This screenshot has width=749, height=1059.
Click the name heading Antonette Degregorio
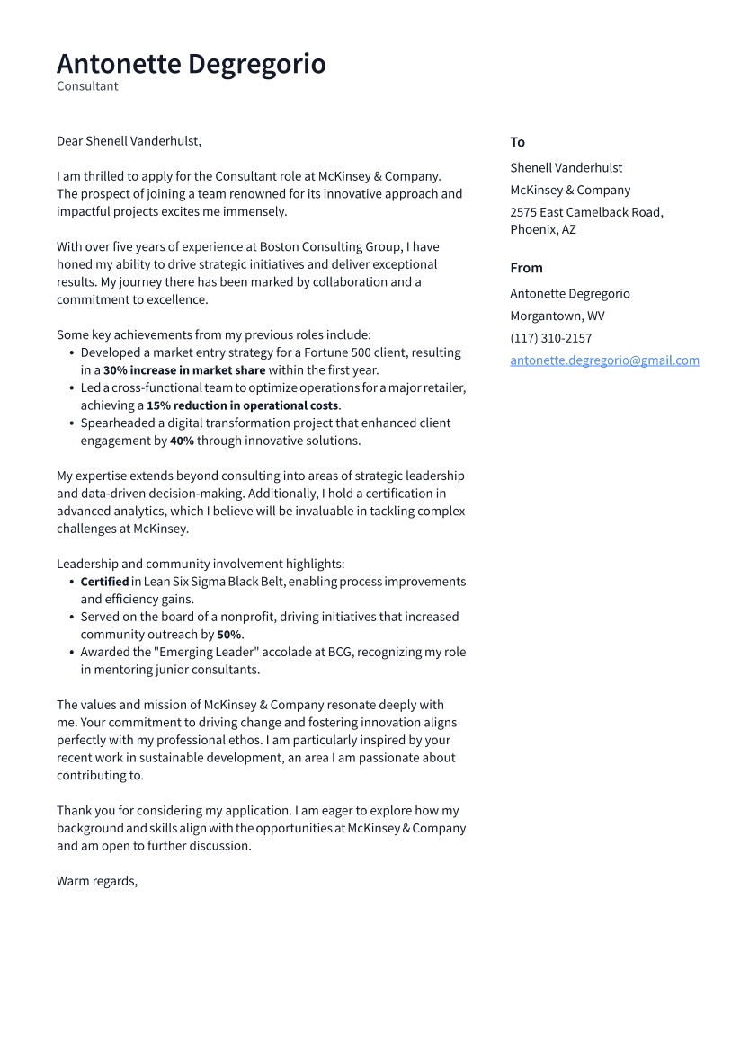[191, 64]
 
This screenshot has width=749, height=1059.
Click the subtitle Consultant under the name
[87, 86]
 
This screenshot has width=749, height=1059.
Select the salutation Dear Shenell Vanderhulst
[129, 141]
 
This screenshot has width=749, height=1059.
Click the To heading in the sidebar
[517, 142]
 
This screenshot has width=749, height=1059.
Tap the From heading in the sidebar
[526, 268]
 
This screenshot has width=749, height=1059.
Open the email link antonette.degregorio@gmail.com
[604, 360]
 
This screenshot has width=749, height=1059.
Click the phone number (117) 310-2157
[550, 338]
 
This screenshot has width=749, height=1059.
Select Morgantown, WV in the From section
[557, 316]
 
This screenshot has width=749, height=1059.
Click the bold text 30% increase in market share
[184, 370]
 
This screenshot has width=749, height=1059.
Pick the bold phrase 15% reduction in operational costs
[242, 405]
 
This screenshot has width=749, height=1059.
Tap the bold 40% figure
[182, 441]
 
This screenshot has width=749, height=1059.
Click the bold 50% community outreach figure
[228, 635]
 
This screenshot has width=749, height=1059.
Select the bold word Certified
[104, 582]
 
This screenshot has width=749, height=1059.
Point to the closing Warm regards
[97, 881]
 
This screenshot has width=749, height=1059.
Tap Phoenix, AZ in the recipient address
[543, 229]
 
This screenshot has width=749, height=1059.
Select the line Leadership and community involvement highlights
[201, 564]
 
